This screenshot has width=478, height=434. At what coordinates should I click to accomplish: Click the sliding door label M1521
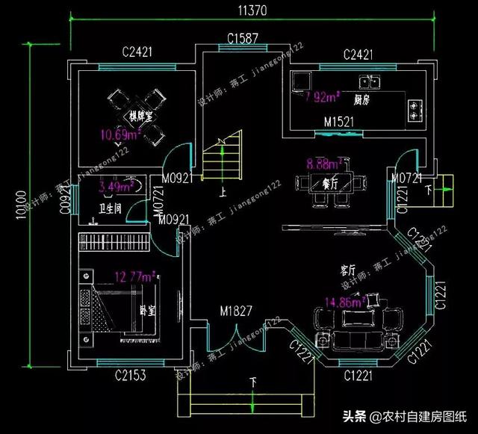[x=339, y=123]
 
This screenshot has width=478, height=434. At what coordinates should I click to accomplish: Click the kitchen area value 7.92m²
[x=322, y=96]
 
